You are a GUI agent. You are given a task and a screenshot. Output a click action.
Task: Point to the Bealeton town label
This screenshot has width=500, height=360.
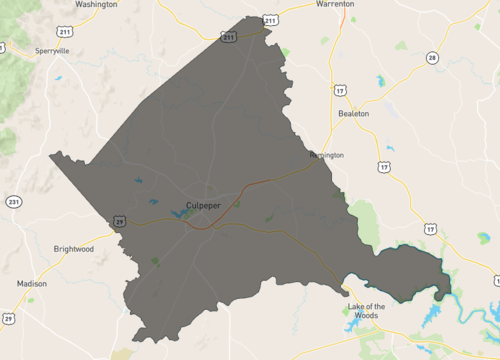pyautogui.click(x=353, y=114)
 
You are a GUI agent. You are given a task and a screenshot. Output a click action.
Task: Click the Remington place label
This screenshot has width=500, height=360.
pyautogui.click(x=326, y=155)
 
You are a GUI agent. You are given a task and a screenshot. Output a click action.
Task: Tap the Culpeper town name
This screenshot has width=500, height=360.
pyautogui.click(x=203, y=204)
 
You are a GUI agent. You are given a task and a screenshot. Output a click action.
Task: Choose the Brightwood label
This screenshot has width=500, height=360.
pyautogui.click(x=74, y=249)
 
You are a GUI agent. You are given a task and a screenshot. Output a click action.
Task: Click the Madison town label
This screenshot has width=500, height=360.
pyautogui.click(x=31, y=283)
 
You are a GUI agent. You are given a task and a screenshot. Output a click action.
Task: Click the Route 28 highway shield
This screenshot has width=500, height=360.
pyautogui.click(x=432, y=57)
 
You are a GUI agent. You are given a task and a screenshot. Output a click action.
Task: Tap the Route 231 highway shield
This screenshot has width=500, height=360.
pyautogui.click(x=13, y=201)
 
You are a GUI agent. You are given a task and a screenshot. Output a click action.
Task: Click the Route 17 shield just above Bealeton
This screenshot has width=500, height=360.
pyautogui.click(x=341, y=90)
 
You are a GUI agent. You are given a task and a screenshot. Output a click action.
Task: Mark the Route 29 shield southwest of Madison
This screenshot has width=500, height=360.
pyautogui.click(x=8, y=318)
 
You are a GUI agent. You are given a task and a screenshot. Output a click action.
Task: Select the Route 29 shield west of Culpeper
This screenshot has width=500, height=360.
pyautogui.click(x=119, y=221)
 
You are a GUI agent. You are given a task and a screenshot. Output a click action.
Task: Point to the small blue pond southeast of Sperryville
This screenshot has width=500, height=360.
pyautogui.click(x=60, y=78)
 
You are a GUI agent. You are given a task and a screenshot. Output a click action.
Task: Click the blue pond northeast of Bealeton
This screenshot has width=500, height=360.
pyautogui.click(x=381, y=80)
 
